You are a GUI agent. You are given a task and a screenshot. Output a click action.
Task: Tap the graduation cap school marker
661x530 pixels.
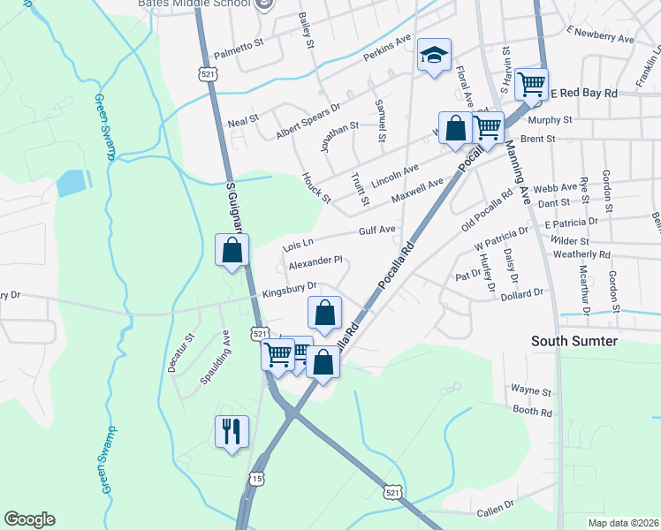(434, 57)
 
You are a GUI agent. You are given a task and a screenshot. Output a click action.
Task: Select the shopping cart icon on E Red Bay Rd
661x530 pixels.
(531, 86)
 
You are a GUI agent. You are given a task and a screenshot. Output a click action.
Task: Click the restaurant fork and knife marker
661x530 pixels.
(232, 432)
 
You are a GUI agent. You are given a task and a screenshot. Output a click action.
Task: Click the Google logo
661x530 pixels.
(29, 519)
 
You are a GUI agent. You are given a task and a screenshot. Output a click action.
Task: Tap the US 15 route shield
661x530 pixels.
(256, 478)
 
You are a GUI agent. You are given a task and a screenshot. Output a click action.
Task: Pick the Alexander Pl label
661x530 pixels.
(315, 261)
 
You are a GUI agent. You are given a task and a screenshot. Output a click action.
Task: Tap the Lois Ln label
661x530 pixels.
(298, 243)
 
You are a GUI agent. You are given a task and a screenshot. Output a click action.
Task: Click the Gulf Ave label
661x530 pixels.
(376, 230)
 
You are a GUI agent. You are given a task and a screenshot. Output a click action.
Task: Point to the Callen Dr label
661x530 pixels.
(495, 510)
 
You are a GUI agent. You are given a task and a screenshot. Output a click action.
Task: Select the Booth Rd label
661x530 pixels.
(532, 412)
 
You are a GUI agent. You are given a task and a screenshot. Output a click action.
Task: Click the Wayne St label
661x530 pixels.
(531, 390)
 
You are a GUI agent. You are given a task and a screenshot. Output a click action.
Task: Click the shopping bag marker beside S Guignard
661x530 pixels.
(232, 251)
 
